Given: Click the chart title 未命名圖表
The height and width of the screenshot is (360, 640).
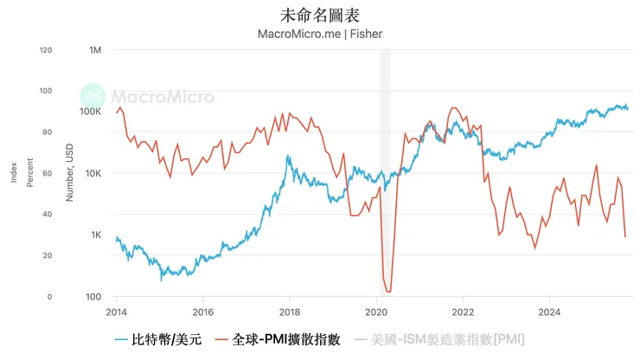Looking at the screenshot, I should point(320,15).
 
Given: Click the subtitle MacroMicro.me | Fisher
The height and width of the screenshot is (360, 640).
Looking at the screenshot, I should point(320,34).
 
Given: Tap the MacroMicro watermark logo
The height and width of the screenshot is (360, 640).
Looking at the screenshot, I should point(147,96).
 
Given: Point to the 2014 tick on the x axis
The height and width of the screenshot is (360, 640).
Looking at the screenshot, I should point(116,312).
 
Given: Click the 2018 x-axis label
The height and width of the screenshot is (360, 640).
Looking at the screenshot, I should point(290,312).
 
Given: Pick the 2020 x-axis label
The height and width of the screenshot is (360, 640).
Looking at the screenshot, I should point(377,312).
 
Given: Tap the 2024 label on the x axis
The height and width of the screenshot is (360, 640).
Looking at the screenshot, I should point(550,312).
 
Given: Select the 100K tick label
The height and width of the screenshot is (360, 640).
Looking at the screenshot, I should point(90,112).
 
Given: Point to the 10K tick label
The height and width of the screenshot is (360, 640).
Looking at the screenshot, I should point(93,174).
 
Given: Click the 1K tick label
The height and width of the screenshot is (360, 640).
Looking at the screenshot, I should point(95,235).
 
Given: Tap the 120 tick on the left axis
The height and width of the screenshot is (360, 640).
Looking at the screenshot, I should point(45,50).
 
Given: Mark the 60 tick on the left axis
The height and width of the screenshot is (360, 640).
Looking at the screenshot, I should point(48,174).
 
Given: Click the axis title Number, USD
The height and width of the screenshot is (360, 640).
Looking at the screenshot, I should point(70,174).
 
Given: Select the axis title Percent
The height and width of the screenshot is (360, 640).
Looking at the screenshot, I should point(29,174).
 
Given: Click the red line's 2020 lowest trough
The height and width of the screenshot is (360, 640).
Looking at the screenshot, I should point(388,292).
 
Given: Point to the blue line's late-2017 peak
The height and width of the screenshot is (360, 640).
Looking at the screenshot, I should point(288,157).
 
